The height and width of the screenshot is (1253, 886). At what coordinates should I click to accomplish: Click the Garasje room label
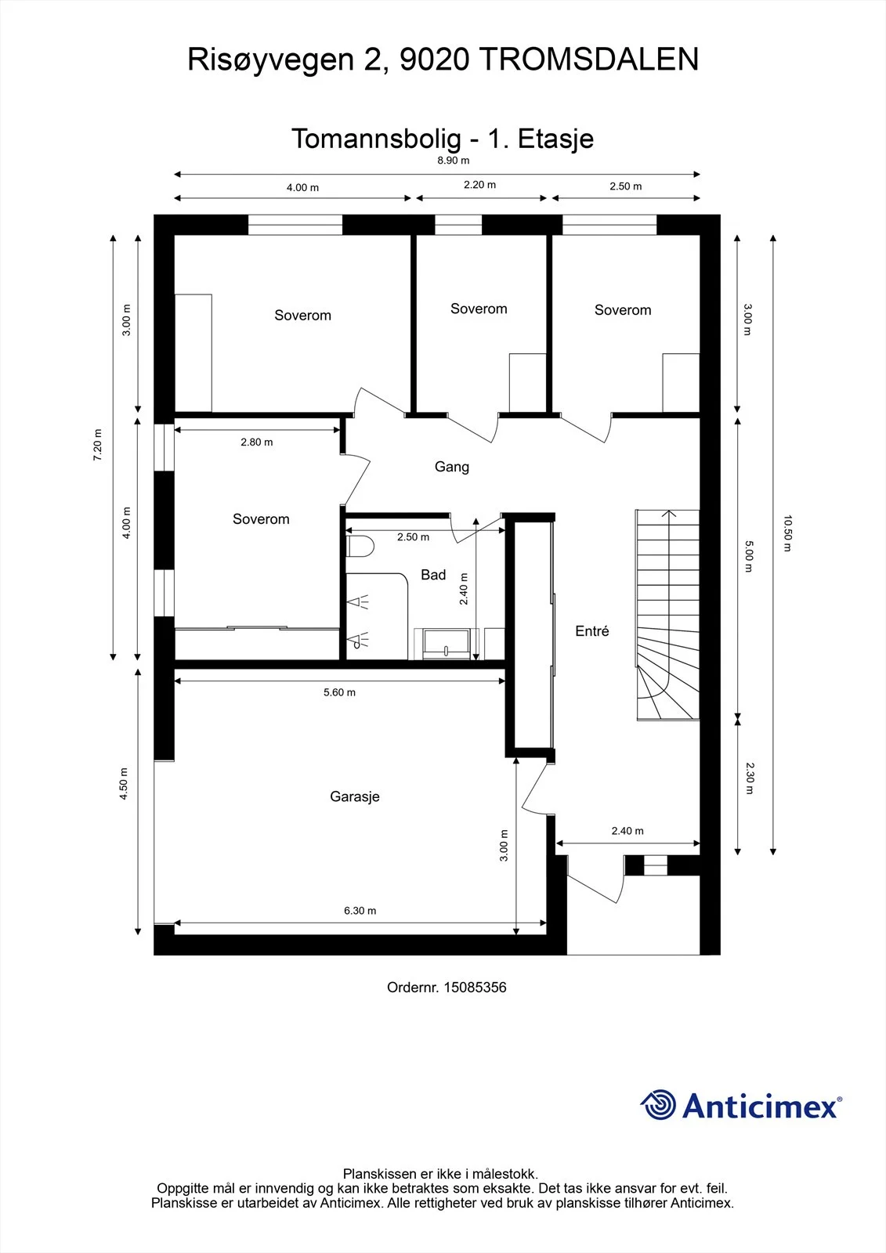(x=354, y=796)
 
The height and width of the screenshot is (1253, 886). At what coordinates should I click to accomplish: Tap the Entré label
(x=591, y=631)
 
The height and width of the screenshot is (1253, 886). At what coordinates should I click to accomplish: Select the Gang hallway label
(x=452, y=467)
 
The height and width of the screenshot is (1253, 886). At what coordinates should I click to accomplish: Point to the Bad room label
(x=433, y=575)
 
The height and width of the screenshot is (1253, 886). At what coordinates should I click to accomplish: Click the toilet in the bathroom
(x=360, y=547)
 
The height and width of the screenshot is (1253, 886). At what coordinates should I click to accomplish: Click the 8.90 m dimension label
(x=454, y=161)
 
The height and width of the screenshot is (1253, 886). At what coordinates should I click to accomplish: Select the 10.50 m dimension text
(x=787, y=533)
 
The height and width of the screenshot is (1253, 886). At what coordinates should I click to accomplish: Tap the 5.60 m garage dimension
(x=339, y=692)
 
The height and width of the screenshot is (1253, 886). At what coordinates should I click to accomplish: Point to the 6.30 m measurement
(x=360, y=911)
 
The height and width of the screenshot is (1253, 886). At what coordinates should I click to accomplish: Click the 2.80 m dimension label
(x=257, y=442)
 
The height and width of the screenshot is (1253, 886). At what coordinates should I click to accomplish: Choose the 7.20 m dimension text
(x=98, y=445)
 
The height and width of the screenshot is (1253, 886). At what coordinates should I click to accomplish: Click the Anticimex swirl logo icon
(x=657, y=1105)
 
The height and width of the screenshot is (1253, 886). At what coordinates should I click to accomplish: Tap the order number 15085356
(x=476, y=988)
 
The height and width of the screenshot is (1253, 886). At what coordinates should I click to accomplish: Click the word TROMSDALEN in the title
(x=590, y=60)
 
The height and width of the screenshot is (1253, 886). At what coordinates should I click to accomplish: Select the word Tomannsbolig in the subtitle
(x=376, y=139)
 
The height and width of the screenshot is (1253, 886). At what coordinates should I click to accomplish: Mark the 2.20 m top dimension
(x=479, y=185)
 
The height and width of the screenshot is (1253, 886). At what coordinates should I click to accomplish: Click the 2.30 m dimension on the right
(x=750, y=778)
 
